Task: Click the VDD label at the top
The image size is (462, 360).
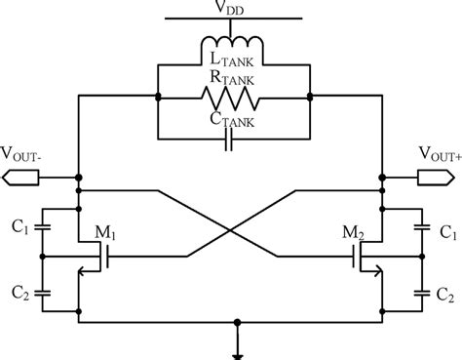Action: [x=231, y=9]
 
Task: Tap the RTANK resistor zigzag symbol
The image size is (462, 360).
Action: [x=231, y=97]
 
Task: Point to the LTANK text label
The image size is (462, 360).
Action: [x=232, y=64]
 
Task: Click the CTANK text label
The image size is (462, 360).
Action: [x=232, y=120]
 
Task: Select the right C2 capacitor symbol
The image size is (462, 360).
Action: [x=420, y=290]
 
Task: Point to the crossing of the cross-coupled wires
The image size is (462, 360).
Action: [x=231, y=230]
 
